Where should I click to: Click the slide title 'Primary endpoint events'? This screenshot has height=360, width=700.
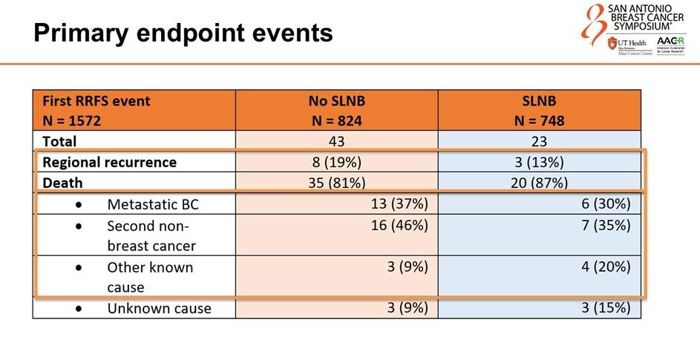tap(183, 33)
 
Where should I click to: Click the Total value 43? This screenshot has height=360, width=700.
tap(336, 141)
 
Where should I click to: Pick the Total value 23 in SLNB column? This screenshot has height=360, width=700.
tap(539, 141)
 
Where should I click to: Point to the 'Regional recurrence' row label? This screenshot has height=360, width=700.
tap(110, 162)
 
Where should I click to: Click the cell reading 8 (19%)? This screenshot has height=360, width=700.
tap(336, 162)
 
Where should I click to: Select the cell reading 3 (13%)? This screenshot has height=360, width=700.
tap(539, 162)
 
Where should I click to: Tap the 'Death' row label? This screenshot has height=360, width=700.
tap(62, 183)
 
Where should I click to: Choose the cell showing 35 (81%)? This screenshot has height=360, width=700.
tap(336, 183)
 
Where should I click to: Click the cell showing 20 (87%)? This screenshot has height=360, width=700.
tap(539, 183)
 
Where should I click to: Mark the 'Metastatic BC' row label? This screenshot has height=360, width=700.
tap(152, 203)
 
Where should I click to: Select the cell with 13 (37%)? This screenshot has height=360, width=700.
tap(400, 203)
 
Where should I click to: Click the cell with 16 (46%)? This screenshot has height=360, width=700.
tap(400, 225)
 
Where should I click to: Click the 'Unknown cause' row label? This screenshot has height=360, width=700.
tap(159, 308)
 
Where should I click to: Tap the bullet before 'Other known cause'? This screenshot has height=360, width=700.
tap(79, 267)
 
